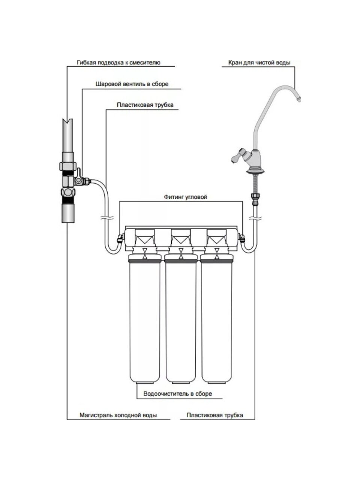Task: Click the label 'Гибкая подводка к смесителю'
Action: (x=118, y=63)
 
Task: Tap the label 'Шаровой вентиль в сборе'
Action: (x=132, y=84)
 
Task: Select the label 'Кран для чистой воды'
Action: (x=259, y=63)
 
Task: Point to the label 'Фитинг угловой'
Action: (x=185, y=197)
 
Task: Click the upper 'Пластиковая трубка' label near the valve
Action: (x=145, y=105)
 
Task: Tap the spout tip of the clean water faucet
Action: (x=298, y=99)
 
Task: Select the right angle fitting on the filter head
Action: (x=241, y=238)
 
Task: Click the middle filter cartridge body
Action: (x=180, y=321)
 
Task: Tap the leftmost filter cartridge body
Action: (x=144, y=321)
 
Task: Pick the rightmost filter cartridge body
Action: (x=216, y=321)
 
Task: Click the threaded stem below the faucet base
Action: (x=255, y=184)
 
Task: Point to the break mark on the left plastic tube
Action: (x=107, y=218)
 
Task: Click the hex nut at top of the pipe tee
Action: (x=68, y=165)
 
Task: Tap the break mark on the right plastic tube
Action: (x=255, y=218)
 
